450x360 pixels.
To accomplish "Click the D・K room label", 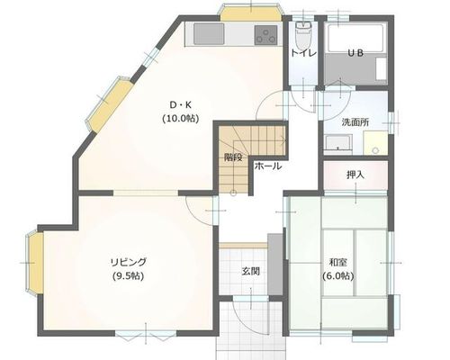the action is [x=181, y=105].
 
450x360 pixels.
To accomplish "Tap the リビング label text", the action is [x=129, y=262].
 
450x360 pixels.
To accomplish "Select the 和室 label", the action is [x=338, y=263].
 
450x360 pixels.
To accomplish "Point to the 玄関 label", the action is [x=250, y=272].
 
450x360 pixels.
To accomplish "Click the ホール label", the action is [x=268, y=166].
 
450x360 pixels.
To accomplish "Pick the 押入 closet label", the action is [x=355, y=175].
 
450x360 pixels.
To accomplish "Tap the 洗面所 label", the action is [x=355, y=122].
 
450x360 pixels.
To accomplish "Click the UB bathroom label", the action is [x=355, y=53].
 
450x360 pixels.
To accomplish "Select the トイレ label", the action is [x=303, y=53].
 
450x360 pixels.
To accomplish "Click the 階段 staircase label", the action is [x=233, y=157].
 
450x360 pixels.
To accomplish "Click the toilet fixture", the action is [x=303, y=35].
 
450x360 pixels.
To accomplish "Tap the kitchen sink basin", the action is [x=209, y=33].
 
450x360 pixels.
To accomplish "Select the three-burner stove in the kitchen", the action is [x=265, y=35].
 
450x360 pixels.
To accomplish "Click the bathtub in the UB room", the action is [x=355, y=38].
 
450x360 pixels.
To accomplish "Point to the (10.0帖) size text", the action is [x=181, y=119].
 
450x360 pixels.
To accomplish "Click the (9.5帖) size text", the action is [x=129, y=275].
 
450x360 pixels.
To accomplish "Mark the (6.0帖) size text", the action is [x=338, y=275].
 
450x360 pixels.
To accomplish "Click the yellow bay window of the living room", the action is [x=35, y=263].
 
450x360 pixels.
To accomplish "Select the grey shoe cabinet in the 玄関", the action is [x=274, y=265].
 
